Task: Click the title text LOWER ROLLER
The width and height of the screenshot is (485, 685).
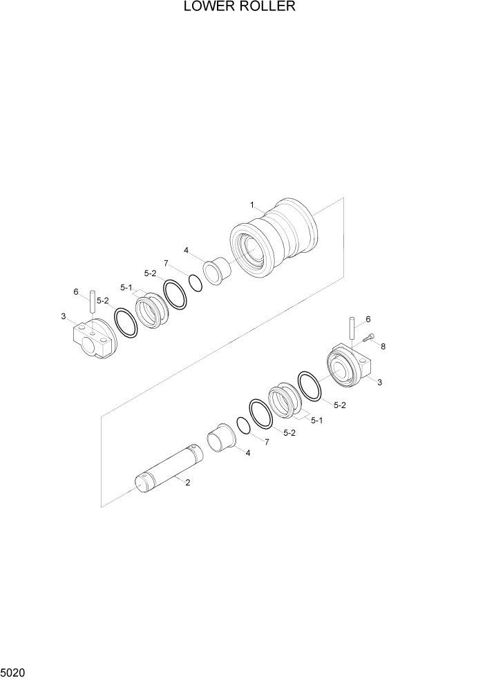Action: (x=239, y=8)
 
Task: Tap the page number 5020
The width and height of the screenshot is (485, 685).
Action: (x=13, y=671)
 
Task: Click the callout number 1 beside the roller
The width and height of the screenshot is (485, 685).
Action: (x=252, y=204)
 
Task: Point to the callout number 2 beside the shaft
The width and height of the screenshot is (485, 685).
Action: (x=187, y=482)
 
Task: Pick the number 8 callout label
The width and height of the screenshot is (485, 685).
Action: (x=383, y=347)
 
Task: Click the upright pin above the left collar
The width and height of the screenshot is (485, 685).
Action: (x=91, y=304)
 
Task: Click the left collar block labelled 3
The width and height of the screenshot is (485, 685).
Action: (x=92, y=340)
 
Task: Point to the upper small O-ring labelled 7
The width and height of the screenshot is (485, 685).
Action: (x=195, y=282)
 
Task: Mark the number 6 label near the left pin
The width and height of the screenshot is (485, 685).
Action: (x=76, y=291)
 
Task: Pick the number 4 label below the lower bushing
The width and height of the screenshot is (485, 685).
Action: (x=247, y=453)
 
